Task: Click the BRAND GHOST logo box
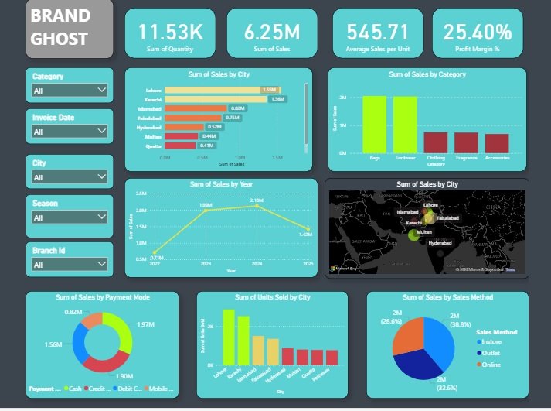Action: click(x=69, y=29)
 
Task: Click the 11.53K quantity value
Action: click(x=171, y=32)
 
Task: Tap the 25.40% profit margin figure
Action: click(x=477, y=32)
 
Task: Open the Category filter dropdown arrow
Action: click(x=102, y=91)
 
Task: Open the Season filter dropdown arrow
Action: click(x=102, y=217)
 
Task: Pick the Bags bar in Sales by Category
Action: click(x=375, y=125)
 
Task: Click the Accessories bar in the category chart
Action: click(x=497, y=143)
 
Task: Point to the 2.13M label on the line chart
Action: click(x=257, y=200)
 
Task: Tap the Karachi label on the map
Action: click(x=414, y=223)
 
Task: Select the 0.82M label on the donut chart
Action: click(x=73, y=311)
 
